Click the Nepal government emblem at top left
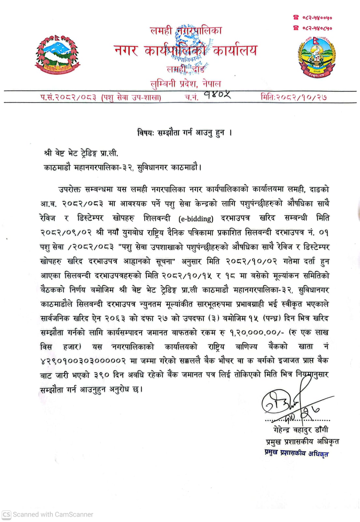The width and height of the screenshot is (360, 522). pyautogui.click(x=57, y=54)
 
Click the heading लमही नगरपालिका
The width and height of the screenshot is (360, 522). pyautogui.click(x=186, y=31)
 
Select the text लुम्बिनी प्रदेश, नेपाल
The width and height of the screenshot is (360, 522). pyautogui.click(x=186, y=84)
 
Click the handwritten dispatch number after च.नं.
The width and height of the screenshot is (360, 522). pyautogui.click(x=217, y=95)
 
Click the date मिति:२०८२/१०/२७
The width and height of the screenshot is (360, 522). pyautogui.click(x=293, y=97)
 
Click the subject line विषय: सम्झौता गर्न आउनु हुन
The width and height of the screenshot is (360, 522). pyautogui.click(x=184, y=133)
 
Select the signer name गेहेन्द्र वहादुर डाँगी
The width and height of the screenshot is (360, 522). pyautogui.click(x=301, y=430)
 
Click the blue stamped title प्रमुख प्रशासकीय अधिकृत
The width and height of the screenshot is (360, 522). pyautogui.click(x=296, y=453)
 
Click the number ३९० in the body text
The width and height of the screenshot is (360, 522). pyautogui.click(x=102, y=375)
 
